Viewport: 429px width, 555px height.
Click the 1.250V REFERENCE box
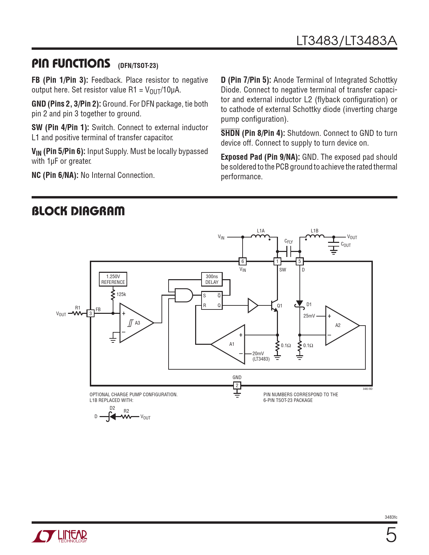point(113,279)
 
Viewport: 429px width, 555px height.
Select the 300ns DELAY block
point(212,279)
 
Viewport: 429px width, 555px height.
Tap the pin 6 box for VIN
point(243,261)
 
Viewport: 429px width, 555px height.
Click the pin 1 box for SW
point(277,261)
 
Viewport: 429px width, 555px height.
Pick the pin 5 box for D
point(299,261)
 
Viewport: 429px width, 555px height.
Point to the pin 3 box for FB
point(91,313)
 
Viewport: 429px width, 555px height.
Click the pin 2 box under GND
point(237,385)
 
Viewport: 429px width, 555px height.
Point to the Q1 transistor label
point(280,306)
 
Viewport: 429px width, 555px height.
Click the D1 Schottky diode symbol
point(299,304)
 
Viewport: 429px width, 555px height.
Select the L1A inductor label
point(261,231)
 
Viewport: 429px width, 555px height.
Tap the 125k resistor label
point(121,294)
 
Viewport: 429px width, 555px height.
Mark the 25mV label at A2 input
point(309,316)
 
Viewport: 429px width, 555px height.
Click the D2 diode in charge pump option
point(112,417)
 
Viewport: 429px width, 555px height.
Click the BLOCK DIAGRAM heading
point(78,211)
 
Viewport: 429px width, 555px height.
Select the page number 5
point(391,535)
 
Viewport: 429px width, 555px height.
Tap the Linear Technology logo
point(60,536)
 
